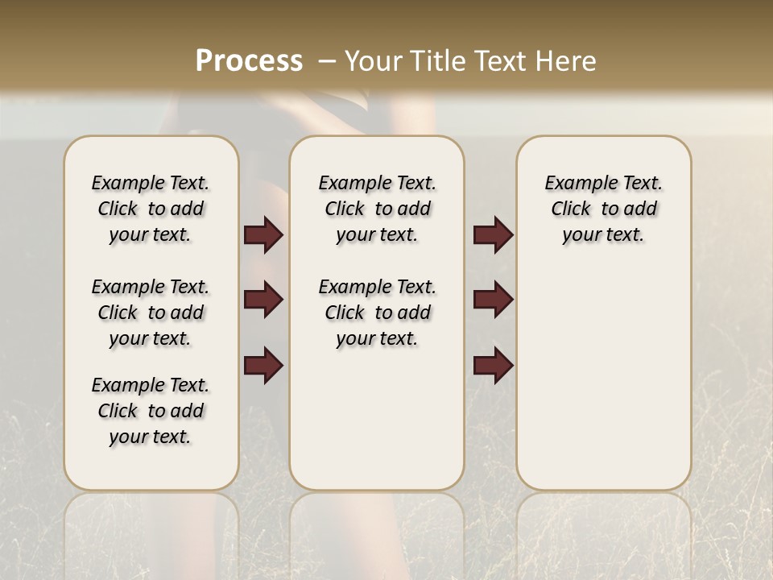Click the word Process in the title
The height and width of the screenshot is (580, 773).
249,61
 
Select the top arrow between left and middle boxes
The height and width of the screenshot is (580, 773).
263,235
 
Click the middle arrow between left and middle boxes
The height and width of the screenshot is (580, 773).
263,300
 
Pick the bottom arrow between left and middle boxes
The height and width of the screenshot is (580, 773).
263,367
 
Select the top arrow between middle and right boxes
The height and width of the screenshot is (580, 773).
493,235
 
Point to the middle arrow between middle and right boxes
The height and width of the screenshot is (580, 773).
493,300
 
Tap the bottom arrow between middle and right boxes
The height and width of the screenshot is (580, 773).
493,367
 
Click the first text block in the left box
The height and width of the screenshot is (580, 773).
151,209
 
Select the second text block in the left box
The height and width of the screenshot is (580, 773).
151,313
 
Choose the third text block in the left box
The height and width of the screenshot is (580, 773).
151,411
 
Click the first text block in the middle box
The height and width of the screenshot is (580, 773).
377,209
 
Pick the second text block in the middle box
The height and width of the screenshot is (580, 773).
377,313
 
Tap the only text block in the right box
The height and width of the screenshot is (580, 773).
604,209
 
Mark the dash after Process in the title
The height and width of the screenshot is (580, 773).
327,61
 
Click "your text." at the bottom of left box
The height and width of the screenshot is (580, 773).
151,437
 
